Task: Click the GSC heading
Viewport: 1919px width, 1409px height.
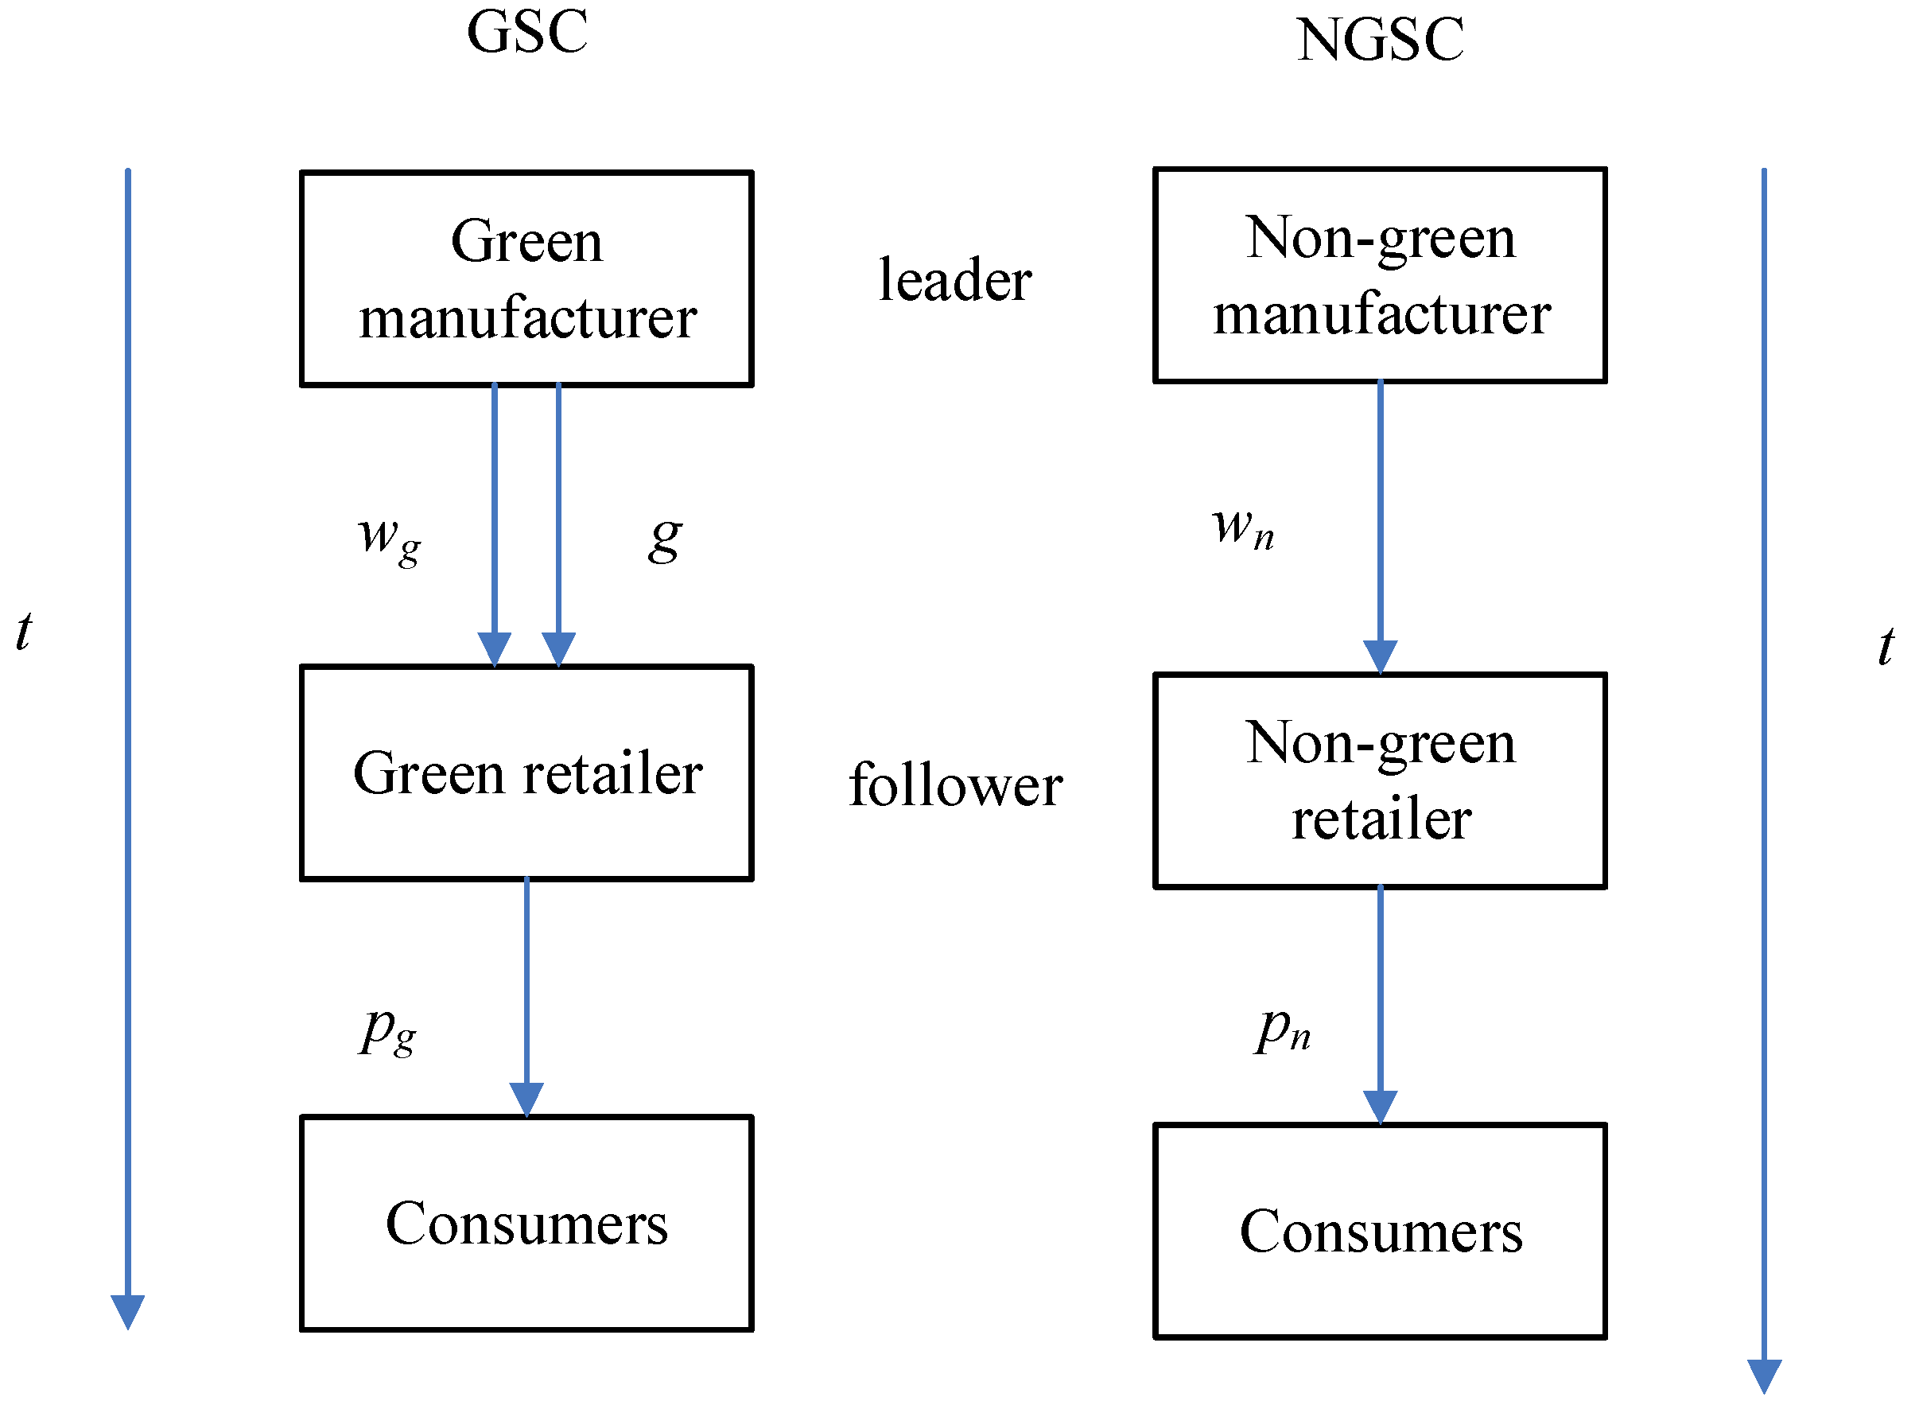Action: (526, 33)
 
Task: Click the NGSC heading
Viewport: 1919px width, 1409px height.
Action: (1379, 40)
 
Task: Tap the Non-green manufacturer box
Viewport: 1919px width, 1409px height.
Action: (1379, 274)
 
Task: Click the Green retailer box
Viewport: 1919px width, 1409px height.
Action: (526, 773)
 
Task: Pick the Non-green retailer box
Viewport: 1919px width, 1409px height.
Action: (1379, 780)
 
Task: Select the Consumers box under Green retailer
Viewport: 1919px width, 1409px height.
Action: (526, 1223)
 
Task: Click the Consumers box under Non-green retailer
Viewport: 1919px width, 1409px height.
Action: (1379, 1231)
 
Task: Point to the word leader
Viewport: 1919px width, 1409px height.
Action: (955, 280)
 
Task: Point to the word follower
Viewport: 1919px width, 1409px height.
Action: (955, 784)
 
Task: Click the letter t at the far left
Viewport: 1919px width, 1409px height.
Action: (24, 632)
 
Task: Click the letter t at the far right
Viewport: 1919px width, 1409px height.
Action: (1885, 647)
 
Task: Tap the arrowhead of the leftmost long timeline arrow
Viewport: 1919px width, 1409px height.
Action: (128, 1311)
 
